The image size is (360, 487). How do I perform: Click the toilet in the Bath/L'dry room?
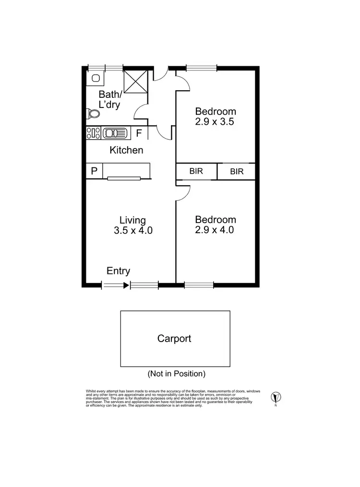93,114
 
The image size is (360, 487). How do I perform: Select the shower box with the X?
135,81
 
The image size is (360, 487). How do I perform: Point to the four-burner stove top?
93,133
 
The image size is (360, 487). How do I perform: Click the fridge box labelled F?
139,133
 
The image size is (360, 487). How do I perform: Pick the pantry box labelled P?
94,171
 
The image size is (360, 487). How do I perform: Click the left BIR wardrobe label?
196,171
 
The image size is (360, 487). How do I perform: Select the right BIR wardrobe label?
237,171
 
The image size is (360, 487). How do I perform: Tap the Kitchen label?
126,150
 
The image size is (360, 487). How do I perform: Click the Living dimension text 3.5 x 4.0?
133,230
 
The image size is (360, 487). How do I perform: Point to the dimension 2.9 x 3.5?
215,122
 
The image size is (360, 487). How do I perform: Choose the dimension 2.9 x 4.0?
215,230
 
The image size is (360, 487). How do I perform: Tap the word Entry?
118,271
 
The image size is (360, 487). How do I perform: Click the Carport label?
174,339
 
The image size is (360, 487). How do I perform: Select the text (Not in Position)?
176,373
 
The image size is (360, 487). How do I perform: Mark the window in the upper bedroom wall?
202,68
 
